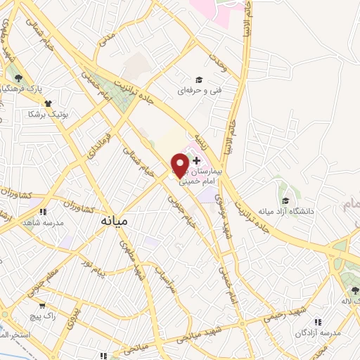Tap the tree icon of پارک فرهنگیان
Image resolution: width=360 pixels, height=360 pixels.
[18, 79]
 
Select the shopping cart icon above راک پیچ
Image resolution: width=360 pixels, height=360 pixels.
[43, 306]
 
